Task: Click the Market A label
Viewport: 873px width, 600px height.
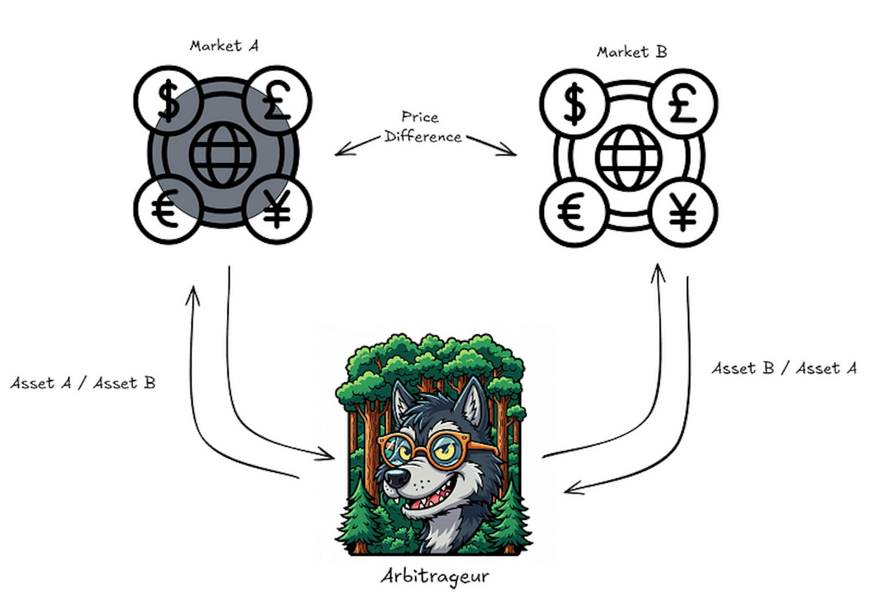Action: tap(224, 46)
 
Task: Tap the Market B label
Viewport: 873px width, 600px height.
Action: tap(632, 52)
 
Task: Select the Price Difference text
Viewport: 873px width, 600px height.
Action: tap(422, 127)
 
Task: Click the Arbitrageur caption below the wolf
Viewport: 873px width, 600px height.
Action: tap(435, 576)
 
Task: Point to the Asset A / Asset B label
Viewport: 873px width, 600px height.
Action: tap(83, 383)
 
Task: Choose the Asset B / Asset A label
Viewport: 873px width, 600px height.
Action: tap(784, 368)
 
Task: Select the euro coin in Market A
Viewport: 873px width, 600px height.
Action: tap(167, 210)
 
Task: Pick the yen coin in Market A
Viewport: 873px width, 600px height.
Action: tap(278, 210)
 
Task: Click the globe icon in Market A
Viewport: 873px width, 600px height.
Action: tap(223, 155)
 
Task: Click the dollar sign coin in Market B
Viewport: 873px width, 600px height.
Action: tap(574, 104)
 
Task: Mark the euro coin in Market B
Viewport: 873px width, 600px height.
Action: tap(573, 212)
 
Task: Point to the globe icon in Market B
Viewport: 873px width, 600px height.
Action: tap(629, 158)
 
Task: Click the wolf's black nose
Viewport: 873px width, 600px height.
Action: tap(397, 477)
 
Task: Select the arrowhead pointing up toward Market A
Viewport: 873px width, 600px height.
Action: tap(193, 293)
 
